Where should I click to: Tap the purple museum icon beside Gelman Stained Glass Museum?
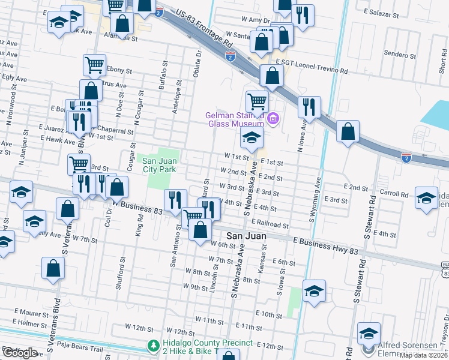coord(274,119)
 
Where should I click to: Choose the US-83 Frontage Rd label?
coord(204,28)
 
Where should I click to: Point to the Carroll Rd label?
coord(393,194)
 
